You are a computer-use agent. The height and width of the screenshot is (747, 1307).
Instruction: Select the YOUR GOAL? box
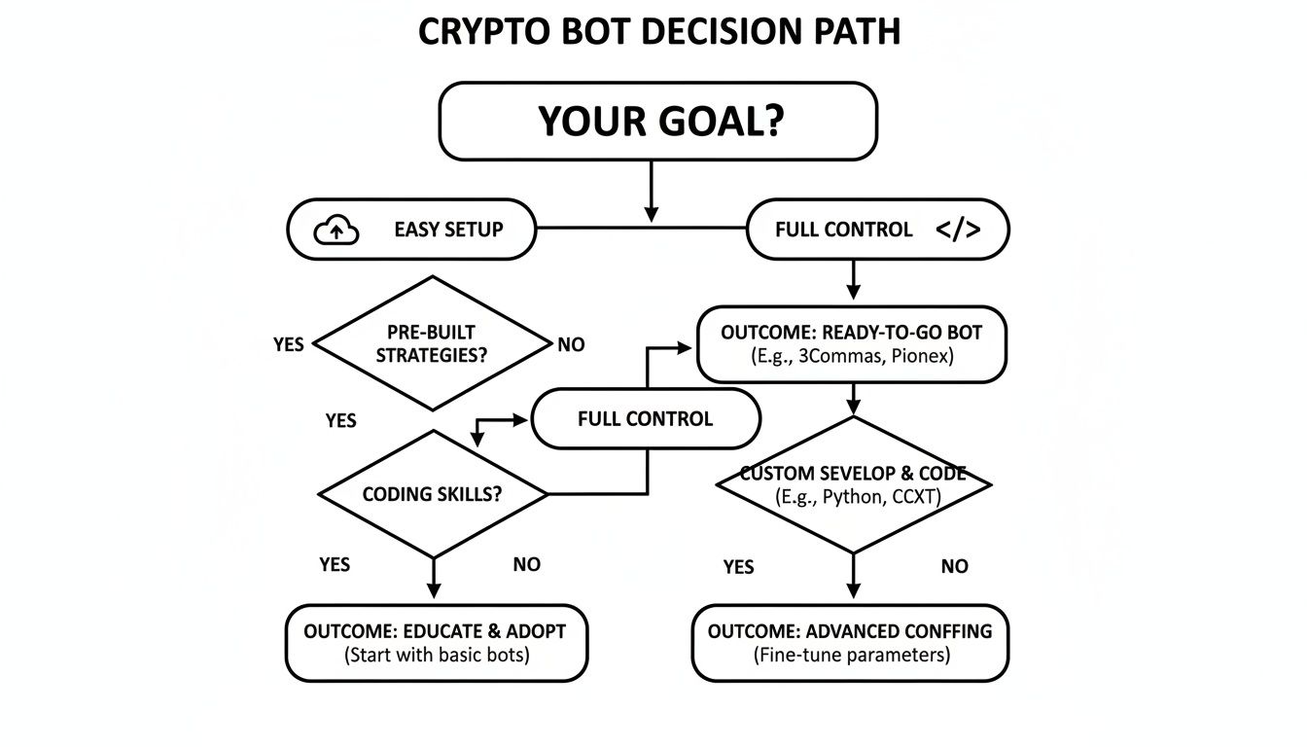658,122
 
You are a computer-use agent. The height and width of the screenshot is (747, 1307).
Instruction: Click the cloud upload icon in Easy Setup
336,231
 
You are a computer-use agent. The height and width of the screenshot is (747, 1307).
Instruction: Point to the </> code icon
957,231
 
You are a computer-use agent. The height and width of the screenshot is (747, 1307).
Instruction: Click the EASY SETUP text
448,231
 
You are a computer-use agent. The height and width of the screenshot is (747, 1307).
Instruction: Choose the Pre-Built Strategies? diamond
432,343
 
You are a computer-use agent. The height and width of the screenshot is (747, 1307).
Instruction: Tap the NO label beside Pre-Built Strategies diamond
571,344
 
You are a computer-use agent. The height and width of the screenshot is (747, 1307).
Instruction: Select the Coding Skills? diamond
433,494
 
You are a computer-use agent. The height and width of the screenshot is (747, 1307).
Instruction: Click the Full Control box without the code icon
645,419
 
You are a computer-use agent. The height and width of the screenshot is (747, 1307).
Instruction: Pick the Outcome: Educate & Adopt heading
435,631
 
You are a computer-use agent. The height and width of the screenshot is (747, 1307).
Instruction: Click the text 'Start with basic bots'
437,655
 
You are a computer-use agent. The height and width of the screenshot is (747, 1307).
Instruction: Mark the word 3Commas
847,356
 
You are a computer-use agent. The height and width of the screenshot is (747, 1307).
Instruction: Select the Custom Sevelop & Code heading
853,474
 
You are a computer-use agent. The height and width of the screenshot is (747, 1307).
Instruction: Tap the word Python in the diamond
849,497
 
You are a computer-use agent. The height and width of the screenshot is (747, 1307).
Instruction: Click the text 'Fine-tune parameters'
852,655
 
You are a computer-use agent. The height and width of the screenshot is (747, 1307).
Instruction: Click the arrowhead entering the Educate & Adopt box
434,589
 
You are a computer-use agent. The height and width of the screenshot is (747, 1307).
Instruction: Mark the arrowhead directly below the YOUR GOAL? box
652,212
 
